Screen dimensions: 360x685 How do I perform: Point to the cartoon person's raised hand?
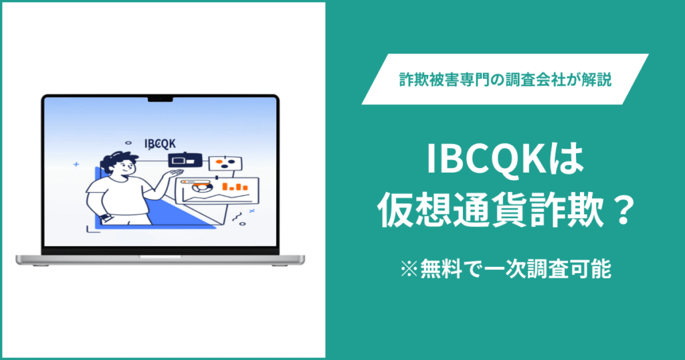coord(175,174)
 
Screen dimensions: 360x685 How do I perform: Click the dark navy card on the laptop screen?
coord(185,161)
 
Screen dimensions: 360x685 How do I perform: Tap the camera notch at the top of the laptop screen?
coord(160,100)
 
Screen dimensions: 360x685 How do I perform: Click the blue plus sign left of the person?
coord(76,163)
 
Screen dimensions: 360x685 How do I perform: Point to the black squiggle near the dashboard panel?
coord(235,217)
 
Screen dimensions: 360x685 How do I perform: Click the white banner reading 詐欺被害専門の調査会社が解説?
coord(505,79)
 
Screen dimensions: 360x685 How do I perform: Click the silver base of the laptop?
coord(160,259)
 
